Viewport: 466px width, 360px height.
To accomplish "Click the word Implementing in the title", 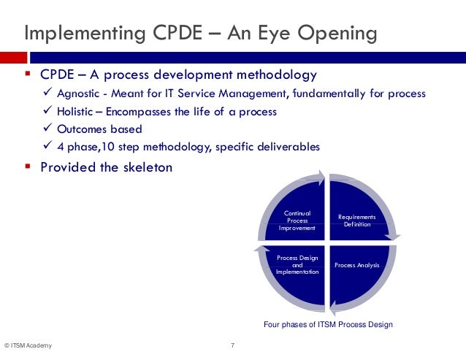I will [x=79, y=34].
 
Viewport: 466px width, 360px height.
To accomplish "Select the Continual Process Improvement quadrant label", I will [x=297, y=221].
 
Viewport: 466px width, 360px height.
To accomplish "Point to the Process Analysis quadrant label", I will [x=356, y=265].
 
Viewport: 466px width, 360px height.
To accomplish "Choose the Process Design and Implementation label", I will [x=297, y=265].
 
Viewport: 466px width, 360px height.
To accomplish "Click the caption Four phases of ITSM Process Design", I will [x=328, y=324].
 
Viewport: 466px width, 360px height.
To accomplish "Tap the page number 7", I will [x=232, y=345].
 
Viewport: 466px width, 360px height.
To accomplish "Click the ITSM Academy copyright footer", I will [x=28, y=345].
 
